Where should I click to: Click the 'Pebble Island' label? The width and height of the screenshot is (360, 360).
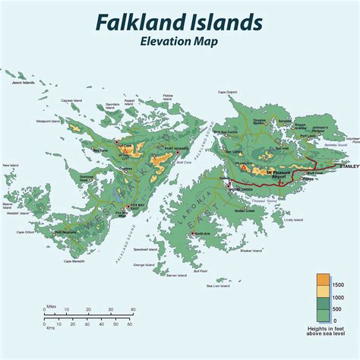169,98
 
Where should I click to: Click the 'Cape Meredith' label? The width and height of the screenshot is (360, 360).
78,261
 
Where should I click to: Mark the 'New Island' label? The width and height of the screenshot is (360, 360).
11,166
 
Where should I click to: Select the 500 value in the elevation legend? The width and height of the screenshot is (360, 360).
338,309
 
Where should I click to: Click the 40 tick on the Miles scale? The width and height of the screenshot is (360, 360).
133,310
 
